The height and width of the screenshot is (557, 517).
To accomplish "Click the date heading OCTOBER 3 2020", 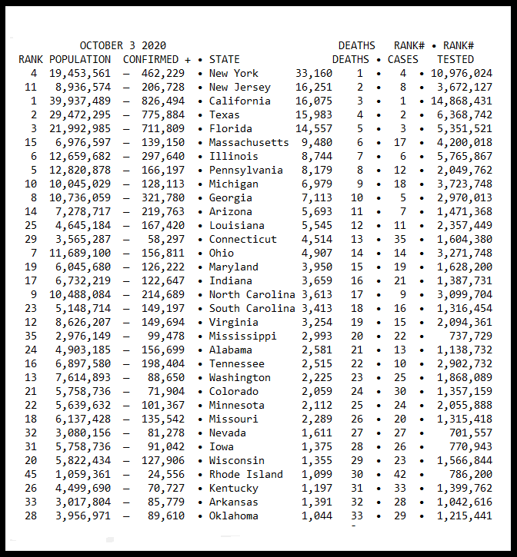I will [122, 45].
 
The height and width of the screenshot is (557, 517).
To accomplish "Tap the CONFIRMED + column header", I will [157, 59].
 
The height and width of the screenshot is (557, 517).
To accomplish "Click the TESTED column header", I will [455, 59].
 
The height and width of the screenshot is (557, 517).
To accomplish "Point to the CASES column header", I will [403, 59].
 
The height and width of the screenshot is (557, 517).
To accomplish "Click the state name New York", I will [234, 73].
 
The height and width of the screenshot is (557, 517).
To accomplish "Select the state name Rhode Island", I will [246, 474].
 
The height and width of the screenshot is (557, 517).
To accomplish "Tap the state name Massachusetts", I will [249, 142].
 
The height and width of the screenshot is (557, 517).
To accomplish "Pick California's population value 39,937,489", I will [80, 101].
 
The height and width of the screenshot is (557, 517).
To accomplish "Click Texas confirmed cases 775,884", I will [163, 114].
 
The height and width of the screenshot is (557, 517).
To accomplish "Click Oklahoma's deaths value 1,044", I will [316, 516].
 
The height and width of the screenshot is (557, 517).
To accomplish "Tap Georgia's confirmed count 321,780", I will [163, 197].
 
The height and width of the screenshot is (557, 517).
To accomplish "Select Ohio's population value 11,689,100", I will [80, 253].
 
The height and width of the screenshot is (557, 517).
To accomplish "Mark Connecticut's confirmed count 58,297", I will [166, 239].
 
